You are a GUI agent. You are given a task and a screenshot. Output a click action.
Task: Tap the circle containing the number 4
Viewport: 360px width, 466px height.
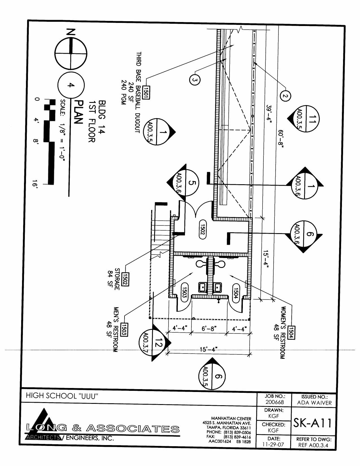(71, 85)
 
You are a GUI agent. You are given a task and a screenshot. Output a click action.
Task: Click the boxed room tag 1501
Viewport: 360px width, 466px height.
(146, 92)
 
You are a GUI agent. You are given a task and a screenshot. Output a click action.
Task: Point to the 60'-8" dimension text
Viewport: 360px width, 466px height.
(281, 138)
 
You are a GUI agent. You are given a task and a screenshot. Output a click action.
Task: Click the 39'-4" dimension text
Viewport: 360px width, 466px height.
(269, 112)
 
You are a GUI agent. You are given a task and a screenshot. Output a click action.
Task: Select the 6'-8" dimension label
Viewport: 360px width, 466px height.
(209, 328)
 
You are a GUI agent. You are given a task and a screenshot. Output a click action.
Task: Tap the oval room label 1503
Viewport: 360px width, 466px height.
(184, 292)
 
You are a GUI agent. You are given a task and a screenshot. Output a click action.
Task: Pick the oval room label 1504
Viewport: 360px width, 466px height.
(235, 292)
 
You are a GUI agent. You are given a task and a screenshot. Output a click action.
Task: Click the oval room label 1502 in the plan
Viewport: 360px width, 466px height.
(202, 229)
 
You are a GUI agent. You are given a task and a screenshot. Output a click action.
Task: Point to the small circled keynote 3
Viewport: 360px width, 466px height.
(195, 80)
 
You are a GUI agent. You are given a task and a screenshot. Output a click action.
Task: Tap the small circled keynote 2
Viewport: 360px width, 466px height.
(285, 96)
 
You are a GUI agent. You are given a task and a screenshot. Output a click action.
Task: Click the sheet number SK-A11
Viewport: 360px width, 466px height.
(312, 423)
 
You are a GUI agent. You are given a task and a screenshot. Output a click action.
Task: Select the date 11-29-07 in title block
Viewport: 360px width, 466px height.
(273, 445)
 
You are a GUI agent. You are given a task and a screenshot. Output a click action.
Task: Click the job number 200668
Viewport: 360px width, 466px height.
(274, 402)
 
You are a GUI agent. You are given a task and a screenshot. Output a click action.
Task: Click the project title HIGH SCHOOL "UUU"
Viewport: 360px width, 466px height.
(62, 396)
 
